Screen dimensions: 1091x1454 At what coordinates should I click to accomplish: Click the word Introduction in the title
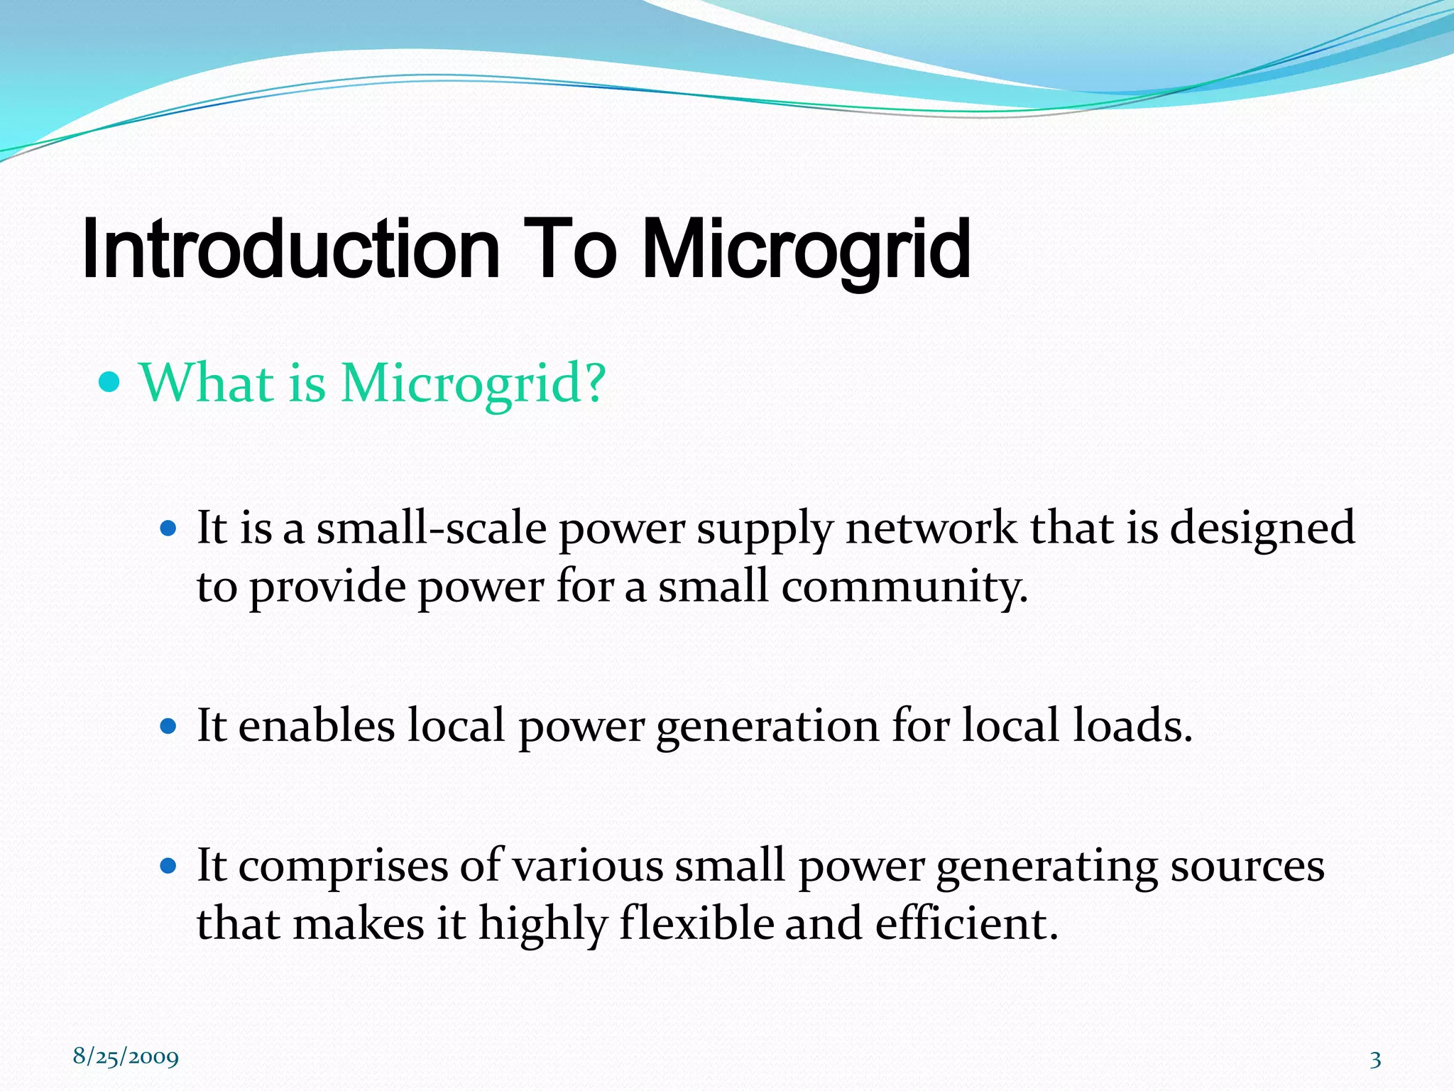click(291, 250)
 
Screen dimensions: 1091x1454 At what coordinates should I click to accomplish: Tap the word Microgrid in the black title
click(806, 250)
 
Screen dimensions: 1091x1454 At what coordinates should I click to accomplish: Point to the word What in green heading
click(207, 384)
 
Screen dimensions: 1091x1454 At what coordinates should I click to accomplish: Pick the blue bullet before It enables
click(168, 727)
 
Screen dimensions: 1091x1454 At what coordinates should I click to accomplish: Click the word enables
click(317, 726)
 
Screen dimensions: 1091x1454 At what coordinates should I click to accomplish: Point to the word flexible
click(696, 925)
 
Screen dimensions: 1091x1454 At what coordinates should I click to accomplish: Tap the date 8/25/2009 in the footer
click(126, 1057)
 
